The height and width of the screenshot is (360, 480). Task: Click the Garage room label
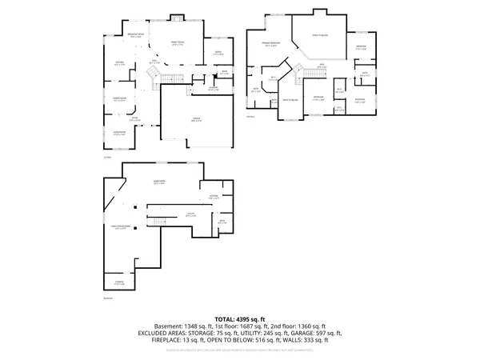pos(197,119)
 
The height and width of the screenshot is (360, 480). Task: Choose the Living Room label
pos(118,134)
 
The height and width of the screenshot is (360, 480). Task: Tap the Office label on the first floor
pos(218,53)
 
